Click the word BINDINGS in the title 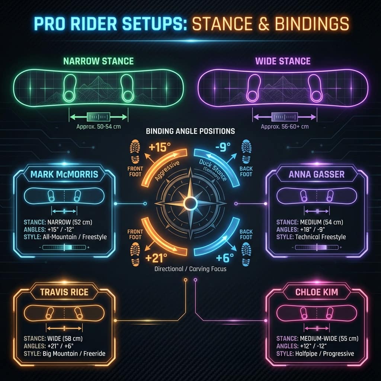point(312,24)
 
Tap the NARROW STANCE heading point(98,61)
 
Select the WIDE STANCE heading point(283,61)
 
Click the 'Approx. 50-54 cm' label point(98,127)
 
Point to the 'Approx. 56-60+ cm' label point(285,127)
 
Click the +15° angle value point(159,147)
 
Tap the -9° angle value point(223,147)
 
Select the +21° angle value point(156,258)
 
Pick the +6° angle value point(225,258)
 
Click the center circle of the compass point(190,204)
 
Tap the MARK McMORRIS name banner point(64,174)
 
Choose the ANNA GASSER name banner point(317,174)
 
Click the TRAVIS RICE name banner point(64,292)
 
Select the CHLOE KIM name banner point(317,292)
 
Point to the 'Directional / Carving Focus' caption point(190,269)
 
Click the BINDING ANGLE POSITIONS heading point(190,131)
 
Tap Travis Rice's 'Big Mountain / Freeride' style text point(74,353)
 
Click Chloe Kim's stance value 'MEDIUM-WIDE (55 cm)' point(329,339)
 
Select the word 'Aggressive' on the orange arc point(167,171)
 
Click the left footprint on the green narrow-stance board point(70,88)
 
